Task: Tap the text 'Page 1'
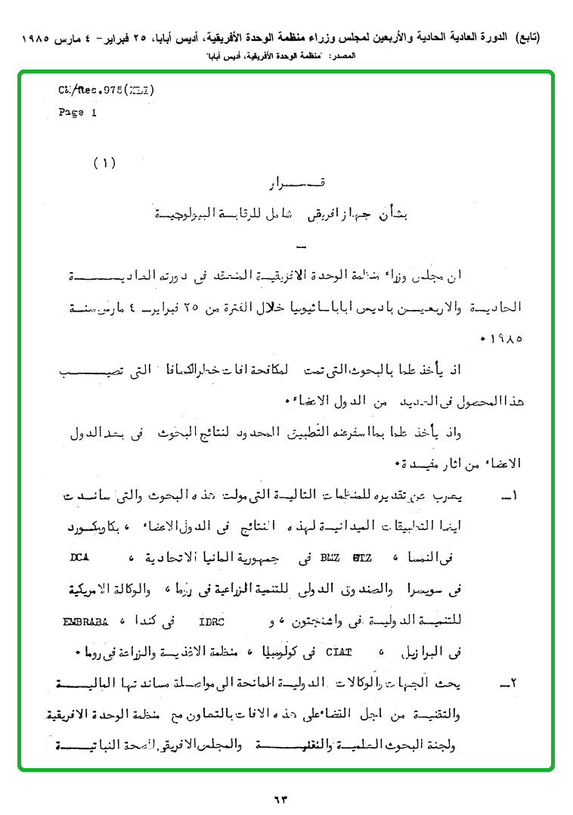[78, 113]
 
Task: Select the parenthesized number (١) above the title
[104, 163]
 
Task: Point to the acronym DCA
[79, 559]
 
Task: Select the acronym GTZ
[356, 559]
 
